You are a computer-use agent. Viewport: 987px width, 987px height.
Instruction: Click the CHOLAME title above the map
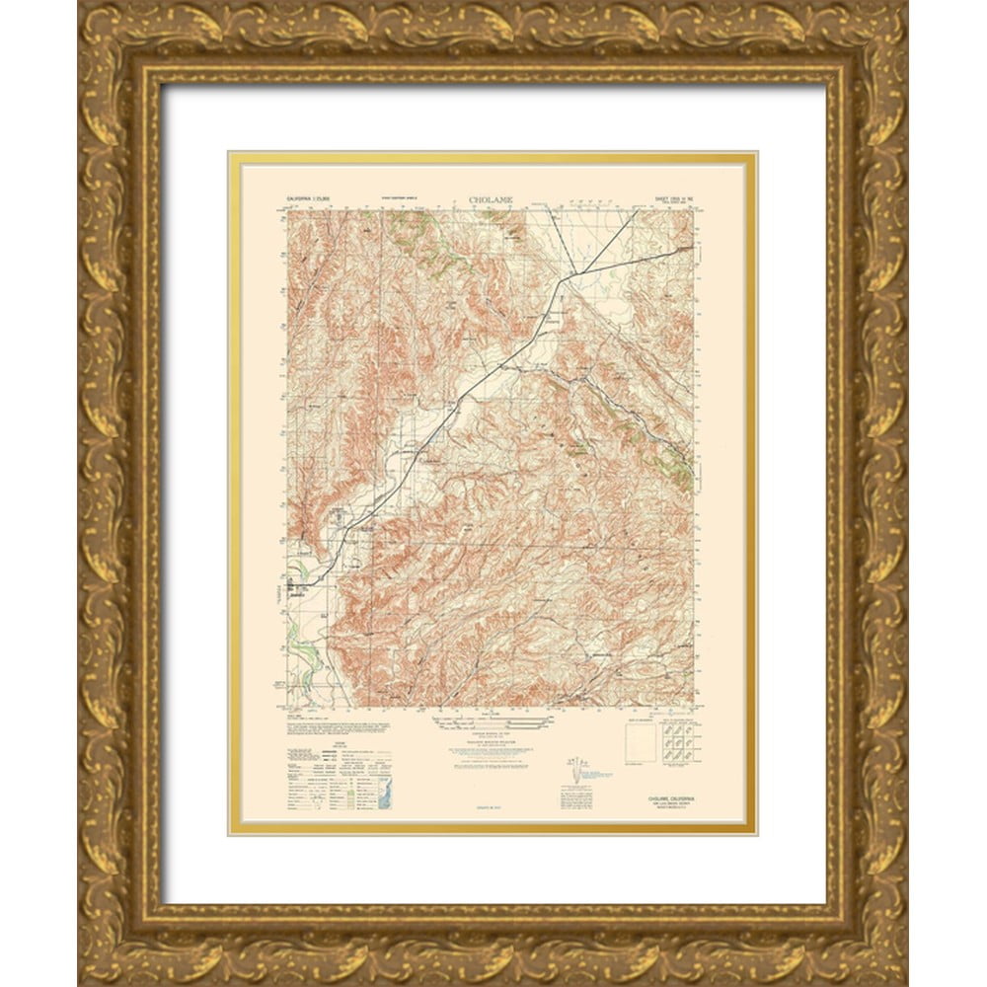point(493,200)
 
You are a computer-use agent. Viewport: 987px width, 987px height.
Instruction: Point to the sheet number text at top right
point(670,199)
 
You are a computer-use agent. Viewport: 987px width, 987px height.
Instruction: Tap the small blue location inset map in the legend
point(385,790)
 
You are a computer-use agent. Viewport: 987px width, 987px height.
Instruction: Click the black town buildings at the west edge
point(297,588)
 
